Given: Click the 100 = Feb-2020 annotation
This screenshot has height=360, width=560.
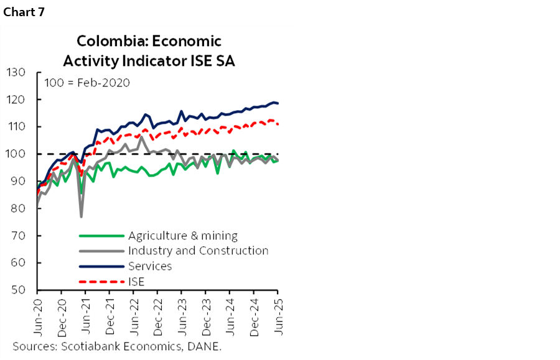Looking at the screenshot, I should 86,83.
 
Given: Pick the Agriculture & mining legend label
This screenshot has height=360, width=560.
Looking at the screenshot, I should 182,236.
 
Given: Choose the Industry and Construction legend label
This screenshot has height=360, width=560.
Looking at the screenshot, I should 198,251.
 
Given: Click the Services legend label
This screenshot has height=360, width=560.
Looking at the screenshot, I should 149,266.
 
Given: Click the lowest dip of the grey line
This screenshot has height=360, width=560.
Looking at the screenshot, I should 81,216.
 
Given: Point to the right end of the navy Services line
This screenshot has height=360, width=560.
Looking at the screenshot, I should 278,103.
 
